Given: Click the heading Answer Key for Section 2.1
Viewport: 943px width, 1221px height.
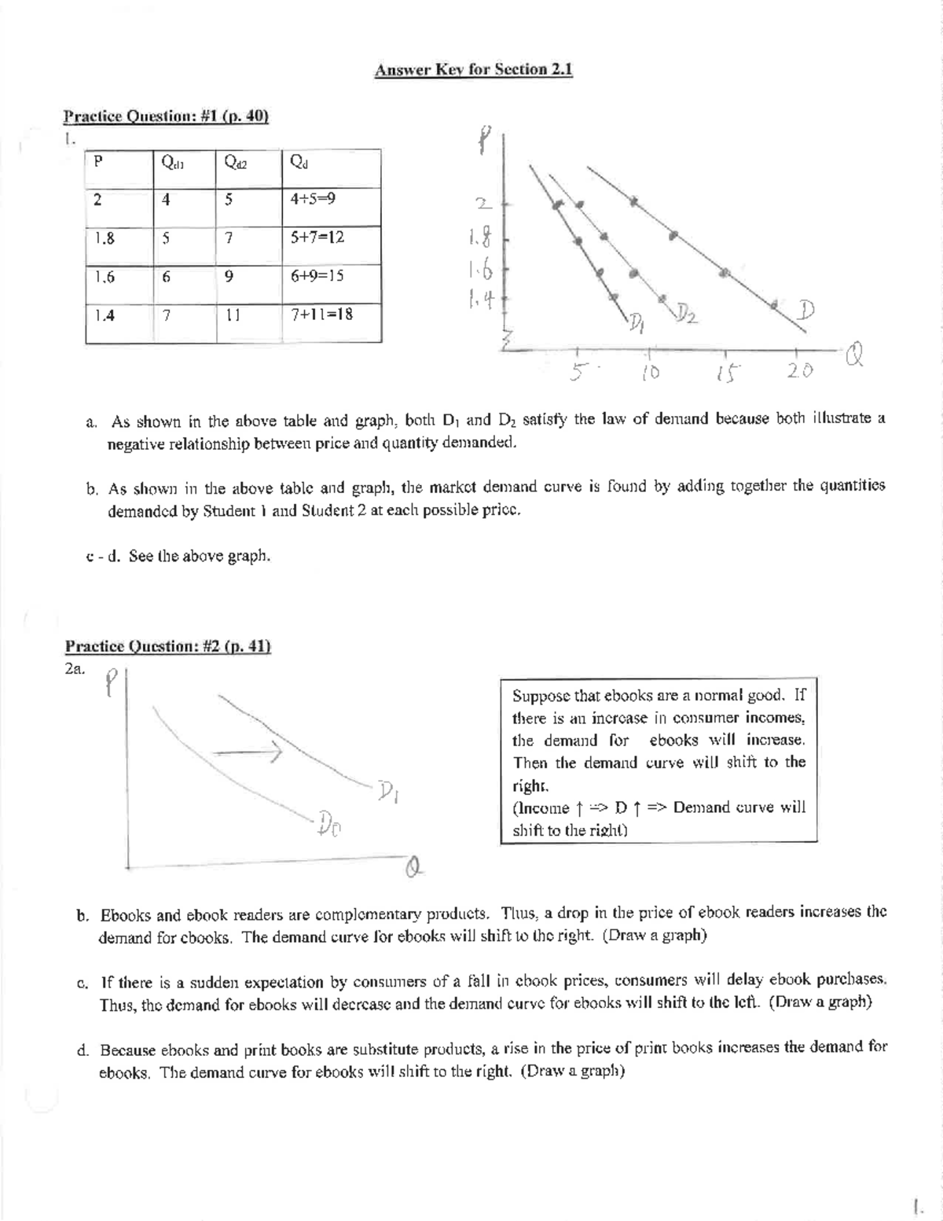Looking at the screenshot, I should [x=474, y=70].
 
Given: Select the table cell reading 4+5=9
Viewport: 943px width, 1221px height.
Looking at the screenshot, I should [x=313, y=199].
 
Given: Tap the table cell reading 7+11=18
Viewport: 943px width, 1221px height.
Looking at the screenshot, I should [x=321, y=314].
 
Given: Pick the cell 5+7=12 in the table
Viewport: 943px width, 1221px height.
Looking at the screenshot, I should [x=317, y=237].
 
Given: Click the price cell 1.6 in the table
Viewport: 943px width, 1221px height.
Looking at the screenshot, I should [x=104, y=276].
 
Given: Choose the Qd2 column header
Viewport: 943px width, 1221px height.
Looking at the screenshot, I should [x=235, y=163].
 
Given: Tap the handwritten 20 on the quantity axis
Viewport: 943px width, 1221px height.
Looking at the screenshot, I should [x=800, y=370].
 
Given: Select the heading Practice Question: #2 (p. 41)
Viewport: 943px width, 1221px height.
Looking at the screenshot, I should [x=167, y=646].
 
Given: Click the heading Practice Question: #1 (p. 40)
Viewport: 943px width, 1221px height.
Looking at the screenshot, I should [x=166, y=117].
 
